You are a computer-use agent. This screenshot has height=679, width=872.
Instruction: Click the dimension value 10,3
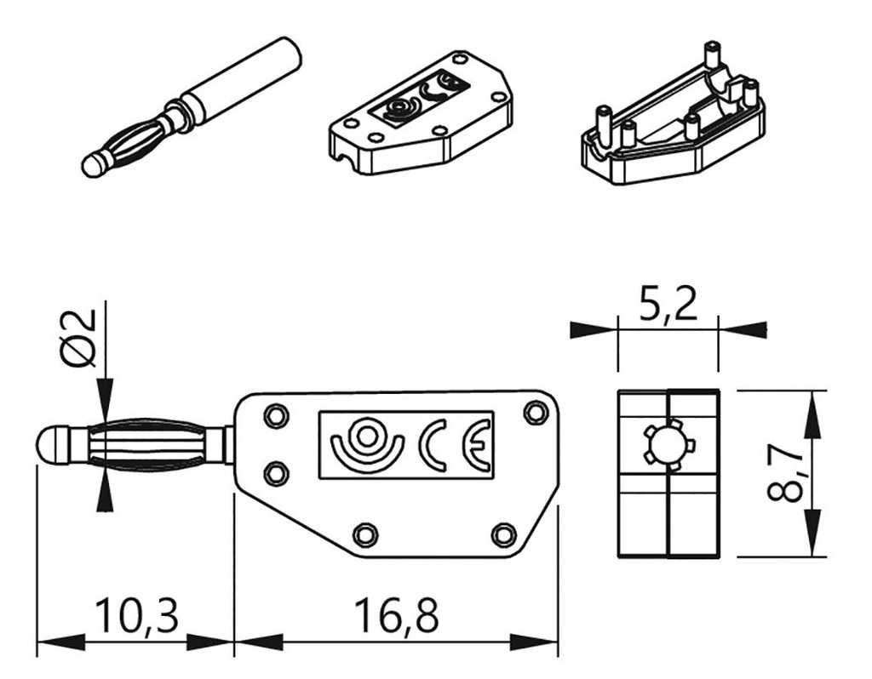[x=136, y=617]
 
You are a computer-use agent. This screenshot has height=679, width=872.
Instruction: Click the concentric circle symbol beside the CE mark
[x=367, y=440]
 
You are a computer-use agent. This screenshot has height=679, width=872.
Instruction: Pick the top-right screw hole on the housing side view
[x=535, y=412]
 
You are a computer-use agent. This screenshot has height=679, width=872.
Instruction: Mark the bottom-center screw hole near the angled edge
[x=365, y=534]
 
